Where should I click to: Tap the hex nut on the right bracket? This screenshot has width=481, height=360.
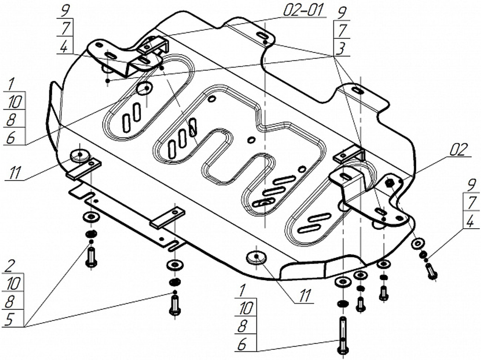390,182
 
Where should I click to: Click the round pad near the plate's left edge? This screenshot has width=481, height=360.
79,155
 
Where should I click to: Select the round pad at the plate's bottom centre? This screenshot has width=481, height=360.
256,257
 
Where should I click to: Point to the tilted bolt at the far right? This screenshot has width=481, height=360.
431,272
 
